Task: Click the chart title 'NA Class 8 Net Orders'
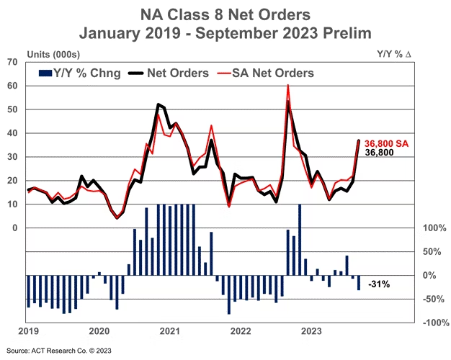coord(225,14)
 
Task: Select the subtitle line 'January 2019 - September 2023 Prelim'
coord(225,32)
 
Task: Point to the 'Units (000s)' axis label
coord(53,54)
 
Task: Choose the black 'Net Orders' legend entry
coord(170,73)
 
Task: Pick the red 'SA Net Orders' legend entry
coord(269,73)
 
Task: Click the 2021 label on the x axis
coord(169,332)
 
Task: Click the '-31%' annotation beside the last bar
coord(379,284)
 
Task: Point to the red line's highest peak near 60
coord(288,86)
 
